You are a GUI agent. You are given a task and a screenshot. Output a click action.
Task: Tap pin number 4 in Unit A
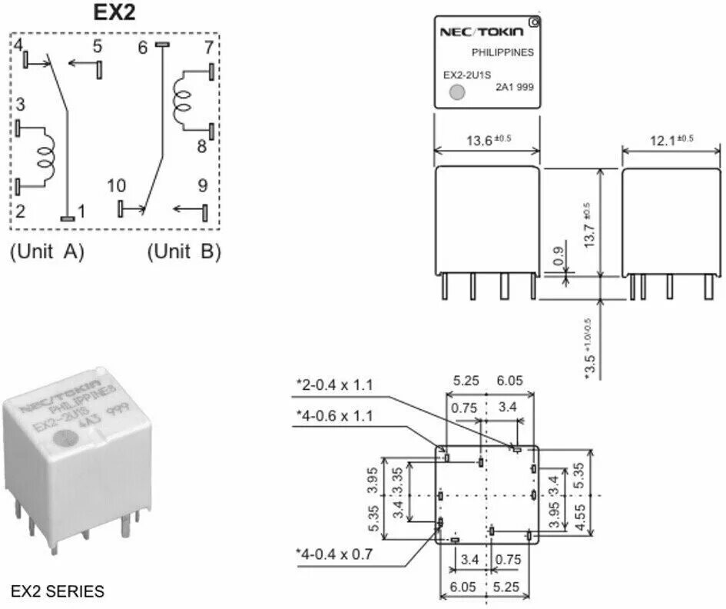18,45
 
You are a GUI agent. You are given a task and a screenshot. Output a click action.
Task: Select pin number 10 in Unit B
116,185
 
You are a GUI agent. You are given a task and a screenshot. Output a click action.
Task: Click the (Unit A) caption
47,251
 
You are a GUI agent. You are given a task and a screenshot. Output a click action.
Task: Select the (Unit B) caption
184,251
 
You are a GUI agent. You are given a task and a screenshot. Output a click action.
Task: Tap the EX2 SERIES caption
58,591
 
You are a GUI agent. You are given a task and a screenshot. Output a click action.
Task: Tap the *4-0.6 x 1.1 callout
335,416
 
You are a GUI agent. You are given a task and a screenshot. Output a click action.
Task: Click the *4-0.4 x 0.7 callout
335,553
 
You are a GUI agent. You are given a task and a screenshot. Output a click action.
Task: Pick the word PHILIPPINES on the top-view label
502,52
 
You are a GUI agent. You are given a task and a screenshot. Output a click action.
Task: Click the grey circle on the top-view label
457,93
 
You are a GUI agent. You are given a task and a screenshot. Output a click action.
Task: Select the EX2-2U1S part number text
466,75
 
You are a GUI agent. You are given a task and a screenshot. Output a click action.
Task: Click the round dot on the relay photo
62,438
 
